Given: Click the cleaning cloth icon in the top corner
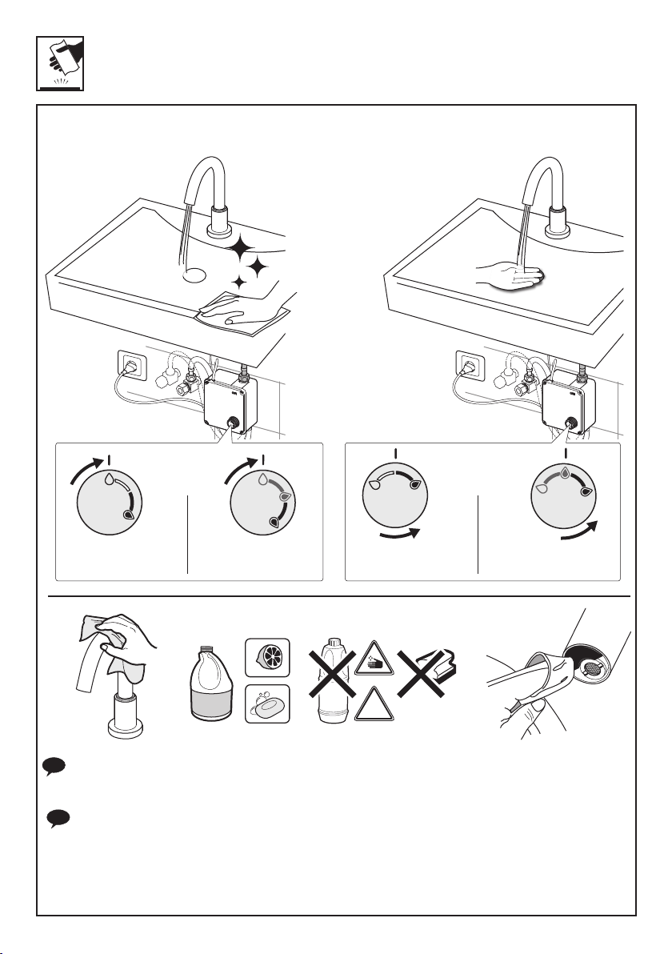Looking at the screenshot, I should point(61,62).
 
